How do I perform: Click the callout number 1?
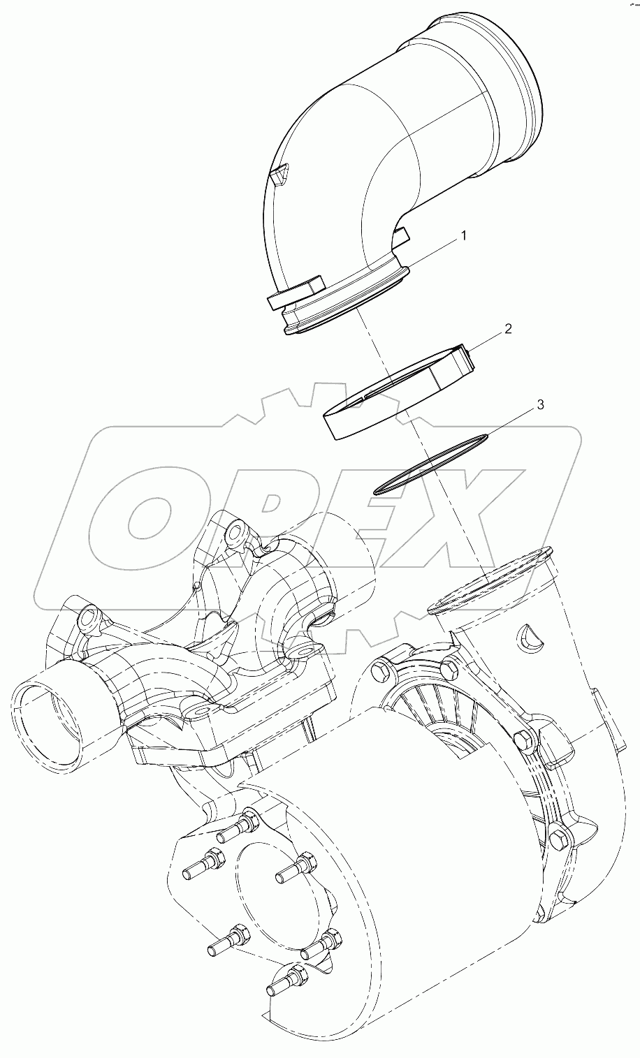[x=462, y=237]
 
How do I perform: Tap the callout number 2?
[x=508, y=328]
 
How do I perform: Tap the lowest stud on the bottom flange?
[x=284, y=981]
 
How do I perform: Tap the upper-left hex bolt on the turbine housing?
[x=381, y=670]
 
